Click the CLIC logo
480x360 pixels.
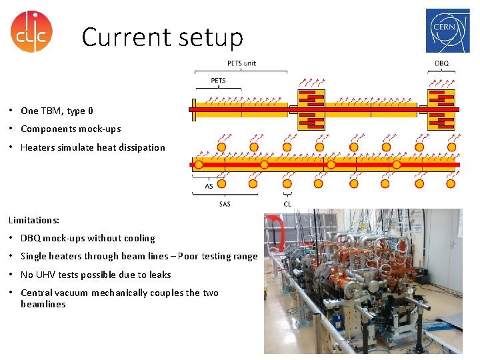point(31,31)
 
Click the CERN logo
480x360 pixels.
point(447,31)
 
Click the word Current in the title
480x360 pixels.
point(123,37)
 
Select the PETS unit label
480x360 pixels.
point(241,63)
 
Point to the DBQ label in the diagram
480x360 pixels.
point(441,63)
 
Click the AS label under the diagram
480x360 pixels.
point(209,187)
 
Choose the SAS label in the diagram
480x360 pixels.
point(225,203)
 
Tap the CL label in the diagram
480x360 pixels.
point(287,203)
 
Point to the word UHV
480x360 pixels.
point(45,275)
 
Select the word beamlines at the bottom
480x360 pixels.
point(43,304)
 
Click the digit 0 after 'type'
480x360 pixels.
point(90,111)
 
